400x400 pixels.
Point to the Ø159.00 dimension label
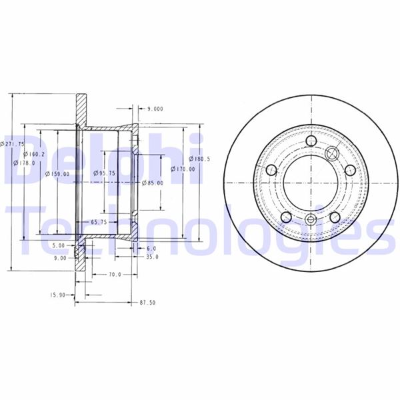point(59,174)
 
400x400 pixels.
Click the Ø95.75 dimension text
point(105,173)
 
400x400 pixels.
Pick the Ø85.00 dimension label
point(153,183)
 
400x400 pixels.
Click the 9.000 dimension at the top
point(155,107)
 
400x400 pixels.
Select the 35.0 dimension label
point(152,257)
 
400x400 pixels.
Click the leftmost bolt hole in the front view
point(271,171)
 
